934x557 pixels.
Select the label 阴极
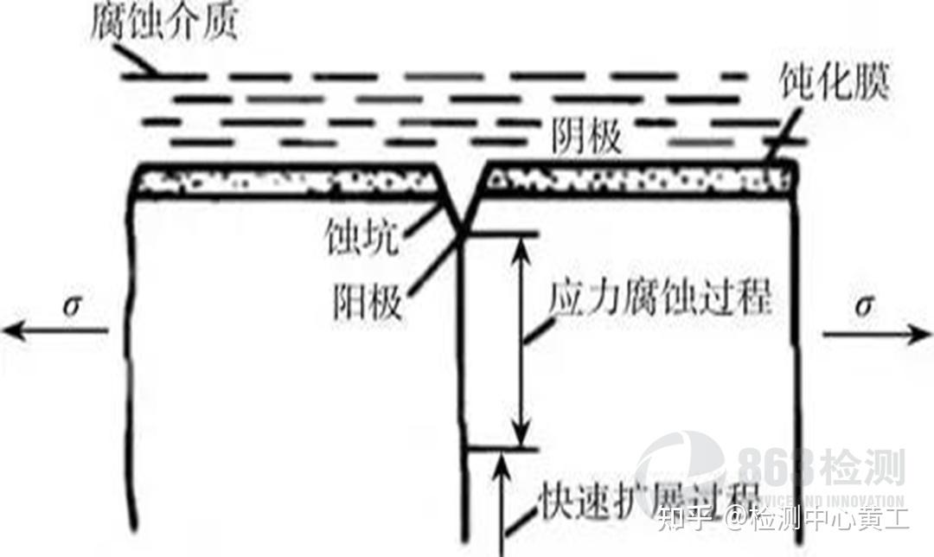[x=587, y=137]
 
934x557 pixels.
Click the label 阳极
[x=367, y=302]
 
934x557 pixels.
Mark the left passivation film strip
[x=286, y=181]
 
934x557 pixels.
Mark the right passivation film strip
[x=640, y=180]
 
